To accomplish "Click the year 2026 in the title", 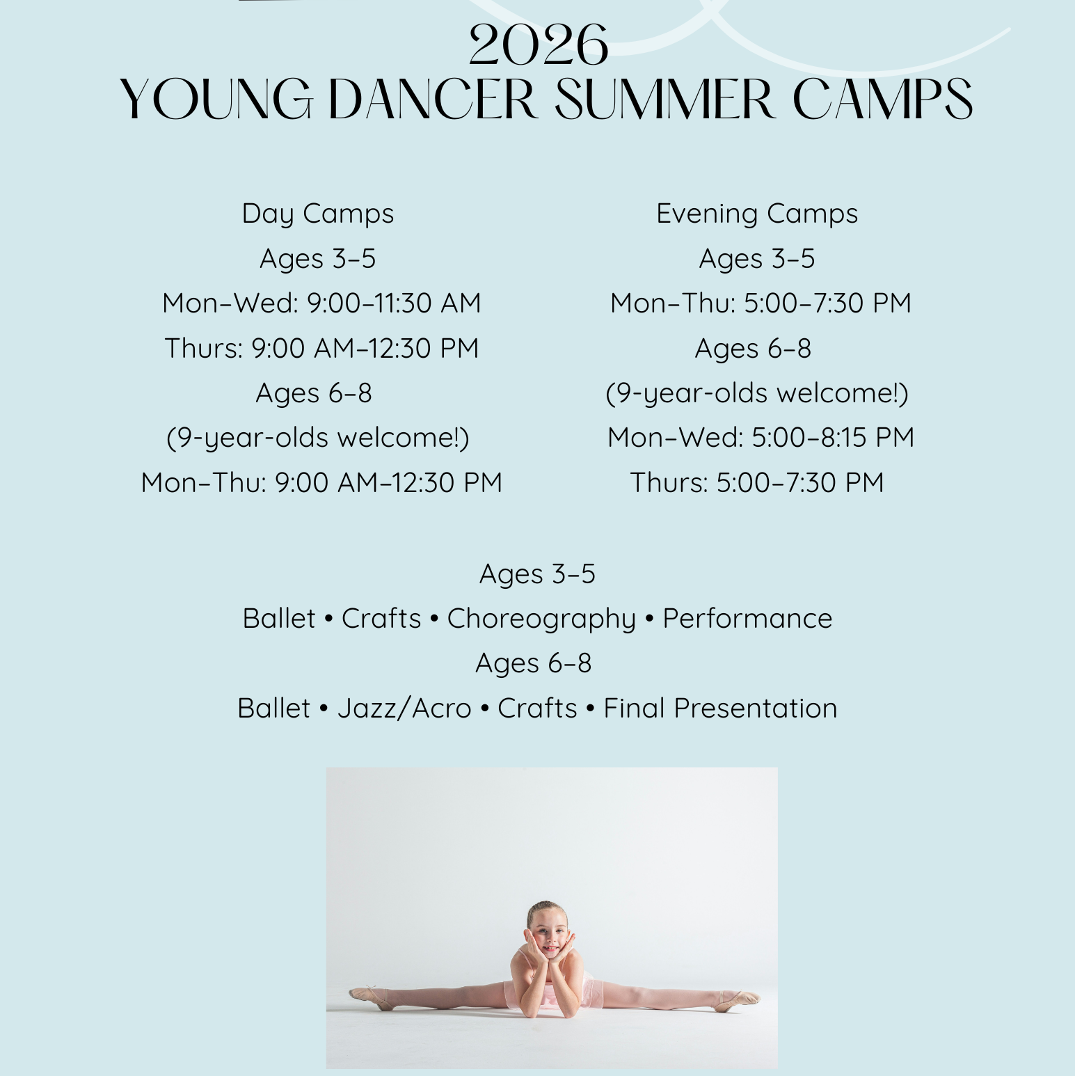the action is point(539,45).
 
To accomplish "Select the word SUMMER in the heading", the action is point(665,99).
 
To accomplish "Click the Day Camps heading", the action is point(318,214).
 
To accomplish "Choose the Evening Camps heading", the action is point(757,214).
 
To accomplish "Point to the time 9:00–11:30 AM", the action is point(394,303).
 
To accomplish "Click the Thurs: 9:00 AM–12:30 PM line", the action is point(321,348).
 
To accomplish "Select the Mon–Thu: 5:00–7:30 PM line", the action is point(761,303).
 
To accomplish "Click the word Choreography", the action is point(541,619).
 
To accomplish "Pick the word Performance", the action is point(747,619).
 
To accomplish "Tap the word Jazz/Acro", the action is point(404,709).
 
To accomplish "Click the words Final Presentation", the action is point(720,709).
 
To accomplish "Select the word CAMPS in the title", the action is point(882,99).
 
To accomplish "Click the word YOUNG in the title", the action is point(216,99).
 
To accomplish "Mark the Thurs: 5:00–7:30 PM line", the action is point(757,482).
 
